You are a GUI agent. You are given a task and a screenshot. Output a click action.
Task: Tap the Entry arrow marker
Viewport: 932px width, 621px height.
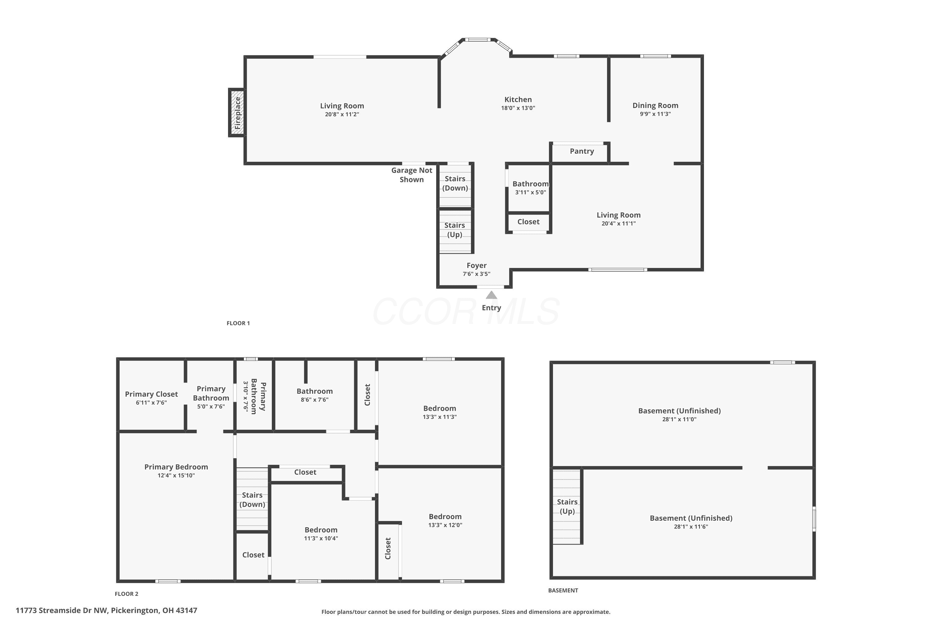(491, 295)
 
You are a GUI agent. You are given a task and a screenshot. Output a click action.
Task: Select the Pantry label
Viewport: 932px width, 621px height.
(582, 151)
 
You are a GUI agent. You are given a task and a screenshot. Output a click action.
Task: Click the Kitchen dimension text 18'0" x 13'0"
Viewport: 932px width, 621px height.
(518, 108)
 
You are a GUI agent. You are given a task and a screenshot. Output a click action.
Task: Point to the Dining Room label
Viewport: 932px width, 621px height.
(655, 105)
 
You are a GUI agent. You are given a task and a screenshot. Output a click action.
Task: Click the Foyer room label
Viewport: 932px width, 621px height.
(476, 265)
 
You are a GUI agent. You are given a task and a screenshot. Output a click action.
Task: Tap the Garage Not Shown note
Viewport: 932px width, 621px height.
(412, 175)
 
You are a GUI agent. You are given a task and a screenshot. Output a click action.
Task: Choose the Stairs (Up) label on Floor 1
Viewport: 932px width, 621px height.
(455, 230)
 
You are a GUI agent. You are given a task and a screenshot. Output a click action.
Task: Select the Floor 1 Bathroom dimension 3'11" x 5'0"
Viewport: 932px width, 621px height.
(530, 193)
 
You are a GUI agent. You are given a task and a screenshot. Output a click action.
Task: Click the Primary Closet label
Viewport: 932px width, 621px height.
(151, 394)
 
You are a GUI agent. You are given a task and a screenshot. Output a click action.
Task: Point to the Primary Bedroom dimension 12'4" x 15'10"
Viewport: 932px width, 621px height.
(176, 475)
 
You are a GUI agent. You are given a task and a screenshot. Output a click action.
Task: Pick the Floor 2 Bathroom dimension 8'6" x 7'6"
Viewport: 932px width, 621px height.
(315, 400)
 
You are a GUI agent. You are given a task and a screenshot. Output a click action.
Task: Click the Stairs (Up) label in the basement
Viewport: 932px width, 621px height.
(567, 506)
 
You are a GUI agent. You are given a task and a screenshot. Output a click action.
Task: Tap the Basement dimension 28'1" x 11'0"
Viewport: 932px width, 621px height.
(679, 419)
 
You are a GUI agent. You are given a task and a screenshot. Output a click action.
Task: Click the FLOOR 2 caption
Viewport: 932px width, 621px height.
(126, 594)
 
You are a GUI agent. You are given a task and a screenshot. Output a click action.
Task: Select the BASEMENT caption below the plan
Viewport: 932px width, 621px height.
(563, 590)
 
